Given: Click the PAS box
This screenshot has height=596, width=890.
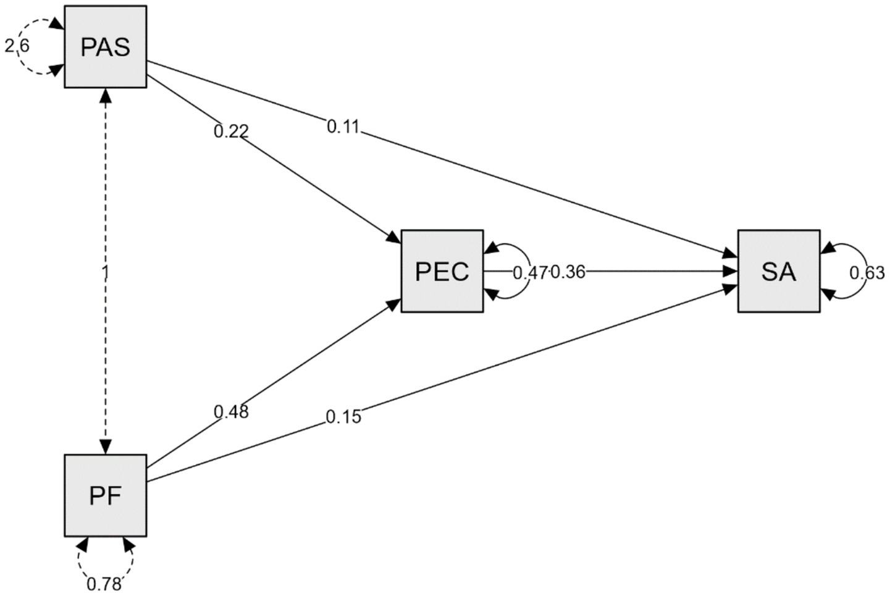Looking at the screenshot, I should (106, 47).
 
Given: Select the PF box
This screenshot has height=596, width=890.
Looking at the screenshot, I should (106, 495).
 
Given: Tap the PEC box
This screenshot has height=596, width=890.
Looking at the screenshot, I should (442, 271).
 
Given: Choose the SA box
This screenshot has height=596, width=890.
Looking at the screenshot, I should (779, 271).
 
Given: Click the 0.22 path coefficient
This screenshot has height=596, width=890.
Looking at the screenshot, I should (231, 131).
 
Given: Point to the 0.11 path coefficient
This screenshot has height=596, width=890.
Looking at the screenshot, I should (343, 127).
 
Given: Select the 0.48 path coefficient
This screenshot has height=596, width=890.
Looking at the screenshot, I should (231, 411).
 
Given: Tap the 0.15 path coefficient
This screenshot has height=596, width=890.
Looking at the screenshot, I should (343, 417).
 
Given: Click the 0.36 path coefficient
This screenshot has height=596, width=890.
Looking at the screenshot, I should (568, 272).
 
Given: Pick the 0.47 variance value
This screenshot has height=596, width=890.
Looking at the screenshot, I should (530, 272).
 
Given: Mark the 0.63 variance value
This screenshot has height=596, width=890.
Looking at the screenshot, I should (867, 272).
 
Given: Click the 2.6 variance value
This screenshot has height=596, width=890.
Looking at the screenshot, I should (17, 46).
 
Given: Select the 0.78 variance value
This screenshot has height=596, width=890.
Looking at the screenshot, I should (104, 584).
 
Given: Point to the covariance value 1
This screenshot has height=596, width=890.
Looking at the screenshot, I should (105, 271).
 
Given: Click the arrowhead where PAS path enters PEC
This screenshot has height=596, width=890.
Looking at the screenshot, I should (394, 237).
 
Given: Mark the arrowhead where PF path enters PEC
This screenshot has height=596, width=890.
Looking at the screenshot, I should (394, 304).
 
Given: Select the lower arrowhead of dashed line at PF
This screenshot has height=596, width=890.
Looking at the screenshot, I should (106, 447).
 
